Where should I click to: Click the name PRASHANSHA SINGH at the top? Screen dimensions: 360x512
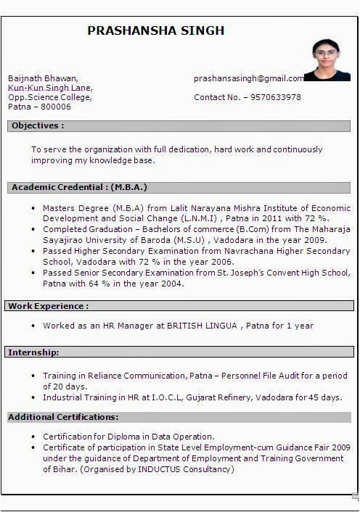coord(155,30)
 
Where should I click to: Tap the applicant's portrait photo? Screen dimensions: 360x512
coord(326,60)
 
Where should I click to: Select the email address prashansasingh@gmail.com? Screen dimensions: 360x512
coord(249,78)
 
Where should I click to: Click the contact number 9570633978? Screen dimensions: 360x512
coord(275,97)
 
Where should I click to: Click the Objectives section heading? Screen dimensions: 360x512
coord(37,125)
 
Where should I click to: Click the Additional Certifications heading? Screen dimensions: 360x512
coord(63,417)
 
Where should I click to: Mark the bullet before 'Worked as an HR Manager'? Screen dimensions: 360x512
coord(33,326)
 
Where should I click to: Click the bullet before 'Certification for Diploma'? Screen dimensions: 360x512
coord(33,437)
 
